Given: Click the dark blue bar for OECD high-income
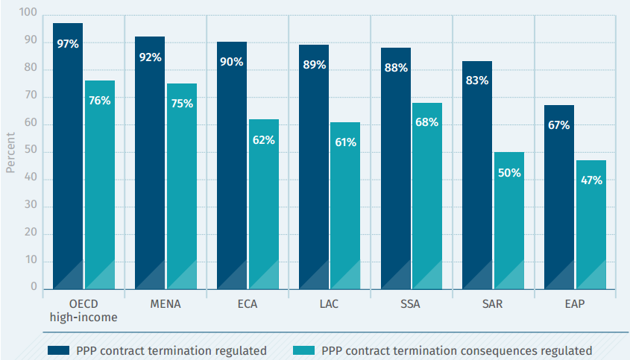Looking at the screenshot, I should coord(68,157).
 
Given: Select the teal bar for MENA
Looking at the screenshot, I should coord(182,186).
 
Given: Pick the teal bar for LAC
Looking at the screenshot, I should coord(345,206).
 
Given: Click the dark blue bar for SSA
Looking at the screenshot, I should coord(396,168).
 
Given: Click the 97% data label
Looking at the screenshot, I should coord(68,44).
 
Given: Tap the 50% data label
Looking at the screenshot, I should coord(509,173).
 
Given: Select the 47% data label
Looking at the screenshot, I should coord(591,181).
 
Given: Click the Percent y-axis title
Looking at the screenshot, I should coord(10,153).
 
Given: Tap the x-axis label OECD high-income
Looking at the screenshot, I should coord(84,311).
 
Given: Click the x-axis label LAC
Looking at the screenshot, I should coord(330,305).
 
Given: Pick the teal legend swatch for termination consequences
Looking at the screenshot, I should coord(303,350).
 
